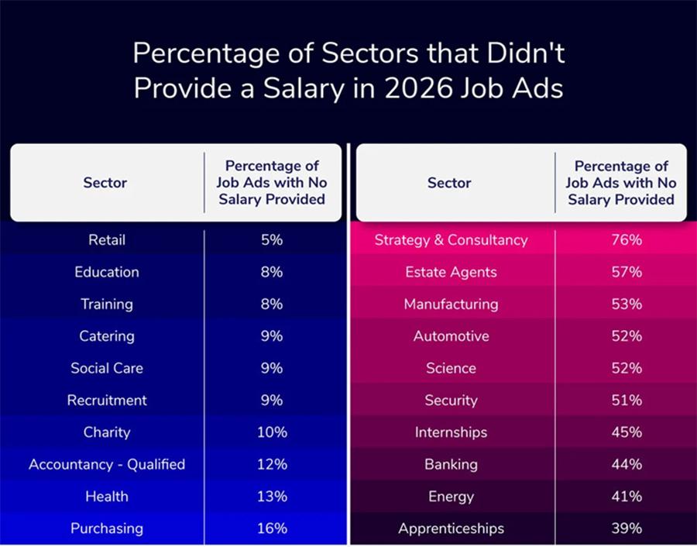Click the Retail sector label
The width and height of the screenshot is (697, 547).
coord(106,240)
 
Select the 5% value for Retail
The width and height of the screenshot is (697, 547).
coord(272,240)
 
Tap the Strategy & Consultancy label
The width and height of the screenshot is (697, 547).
coord(451,240)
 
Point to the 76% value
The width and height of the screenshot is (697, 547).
coord(627,240)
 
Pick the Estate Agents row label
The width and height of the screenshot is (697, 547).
coord(451,272)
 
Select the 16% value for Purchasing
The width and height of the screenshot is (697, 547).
coord(272,528)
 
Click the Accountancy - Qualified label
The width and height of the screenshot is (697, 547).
coord(107,465)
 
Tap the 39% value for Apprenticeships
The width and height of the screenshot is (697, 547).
coord(627,528)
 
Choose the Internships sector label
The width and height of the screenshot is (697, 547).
coord(451,432)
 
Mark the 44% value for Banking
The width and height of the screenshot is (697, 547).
coord(627,465)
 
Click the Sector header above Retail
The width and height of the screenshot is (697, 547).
coord(105,183)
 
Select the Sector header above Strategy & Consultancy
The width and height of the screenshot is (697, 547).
coord(449,183)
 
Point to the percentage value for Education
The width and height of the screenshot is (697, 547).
coord(272,272)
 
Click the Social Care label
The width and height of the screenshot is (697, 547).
coord(107,368)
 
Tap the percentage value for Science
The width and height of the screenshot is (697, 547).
coord(627,368)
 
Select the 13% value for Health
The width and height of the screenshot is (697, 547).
coord(272,497)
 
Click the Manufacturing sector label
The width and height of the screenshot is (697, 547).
coord(451,304)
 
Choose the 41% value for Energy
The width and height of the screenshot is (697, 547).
coord(627,497)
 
